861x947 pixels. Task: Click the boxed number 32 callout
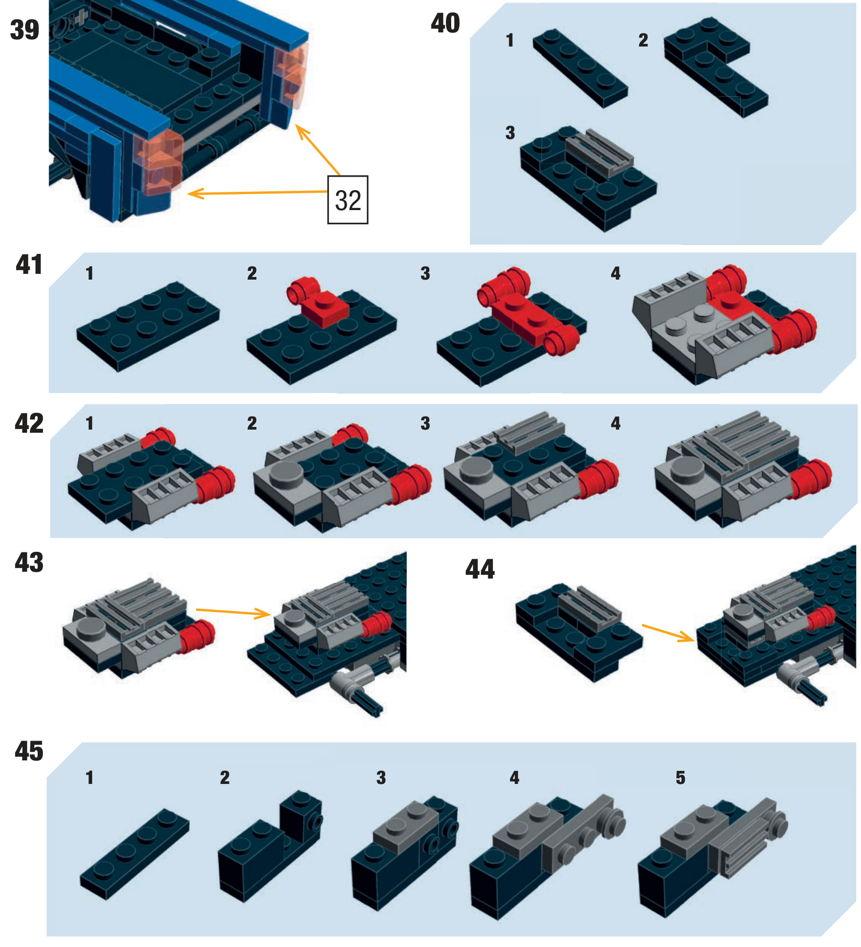348,200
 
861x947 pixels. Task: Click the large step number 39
25,30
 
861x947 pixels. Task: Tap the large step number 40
445,24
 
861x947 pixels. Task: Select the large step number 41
29,264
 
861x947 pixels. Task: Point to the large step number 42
29,423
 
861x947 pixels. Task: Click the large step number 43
29,563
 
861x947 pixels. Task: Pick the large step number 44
479,569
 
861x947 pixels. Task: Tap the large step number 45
29,751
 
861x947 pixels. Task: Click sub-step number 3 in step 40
510,133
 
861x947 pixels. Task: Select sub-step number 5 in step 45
680,778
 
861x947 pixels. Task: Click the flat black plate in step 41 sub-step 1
148,326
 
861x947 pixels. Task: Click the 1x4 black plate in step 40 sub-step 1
580,68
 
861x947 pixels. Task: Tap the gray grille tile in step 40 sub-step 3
600,152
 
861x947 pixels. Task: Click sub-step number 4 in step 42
616,423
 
